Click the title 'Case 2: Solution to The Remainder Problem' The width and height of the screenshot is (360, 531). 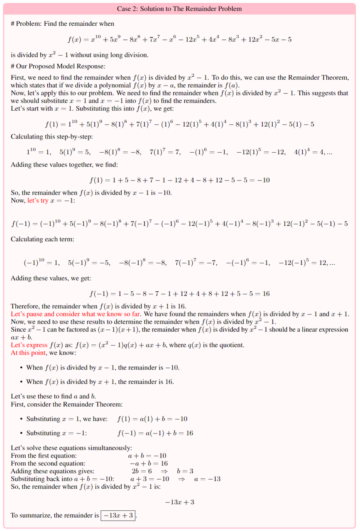180,8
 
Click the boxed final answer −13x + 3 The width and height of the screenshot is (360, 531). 119,515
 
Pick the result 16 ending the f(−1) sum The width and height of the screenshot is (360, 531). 266,294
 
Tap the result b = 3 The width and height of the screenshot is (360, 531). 185,471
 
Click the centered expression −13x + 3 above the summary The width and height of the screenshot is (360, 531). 180,502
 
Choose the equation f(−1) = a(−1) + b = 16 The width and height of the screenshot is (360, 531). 155,433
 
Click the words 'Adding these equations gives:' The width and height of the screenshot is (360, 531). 53,471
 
